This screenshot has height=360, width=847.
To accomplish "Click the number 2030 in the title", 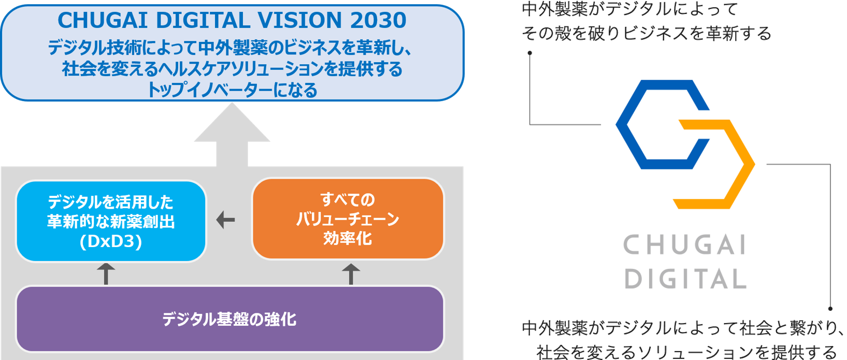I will pyautogui.click(x=378, y=20).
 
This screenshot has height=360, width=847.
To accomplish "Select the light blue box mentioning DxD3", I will pyautogui.click(x=111, y=221).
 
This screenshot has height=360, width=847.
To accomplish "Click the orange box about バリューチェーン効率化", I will pyautogui.click(x=348, y=219).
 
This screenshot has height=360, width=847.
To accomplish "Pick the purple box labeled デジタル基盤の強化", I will pyautogui.click(x=229, y=319).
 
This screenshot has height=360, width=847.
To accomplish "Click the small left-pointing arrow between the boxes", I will pyautogui.click(x=225, y=220).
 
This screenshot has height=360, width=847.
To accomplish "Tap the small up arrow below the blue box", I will pyautogui.click(x=106, y=273).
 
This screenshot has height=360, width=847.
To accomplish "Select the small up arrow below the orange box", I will pyautogui.click(x=351, y=273).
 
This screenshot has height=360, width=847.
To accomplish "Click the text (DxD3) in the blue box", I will pyautogui.click(x=111, y=242).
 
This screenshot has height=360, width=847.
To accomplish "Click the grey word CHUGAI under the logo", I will pyautogui.click(x=685, y=246).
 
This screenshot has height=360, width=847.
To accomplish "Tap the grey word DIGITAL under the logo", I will pyautogui.click(x=685, y=280).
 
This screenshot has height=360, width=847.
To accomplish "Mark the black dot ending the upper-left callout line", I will pyautogui.click(x=529, y=53).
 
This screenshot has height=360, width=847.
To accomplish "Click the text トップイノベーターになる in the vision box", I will pyautogui.click(x=232, y=90).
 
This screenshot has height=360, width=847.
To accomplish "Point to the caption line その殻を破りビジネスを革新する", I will pyautogui.click(x=647, y=34).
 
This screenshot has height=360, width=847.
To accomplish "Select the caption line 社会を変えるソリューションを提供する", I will pyautogui.click(x=686, y=352).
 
